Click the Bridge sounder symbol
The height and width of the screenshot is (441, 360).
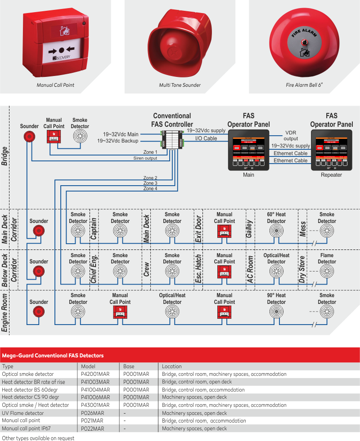pyautogui.click(x=29, y=137)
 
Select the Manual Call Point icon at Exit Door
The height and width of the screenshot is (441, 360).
pyautogui.click(x=225, y=232)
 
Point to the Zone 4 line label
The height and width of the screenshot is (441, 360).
pyautogui.click(x=150, y=189)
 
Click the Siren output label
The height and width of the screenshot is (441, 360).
pyautogui.click(x=145, y=158)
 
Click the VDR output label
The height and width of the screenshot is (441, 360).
pyautogui.click(x=291, y=136)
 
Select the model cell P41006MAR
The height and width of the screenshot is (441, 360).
pyautogui.click(x=95, y=397)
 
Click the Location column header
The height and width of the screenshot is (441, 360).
pyautogui.click(x=172, y=366)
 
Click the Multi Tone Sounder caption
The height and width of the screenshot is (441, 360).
pyautogui.click(x=180, y=85)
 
